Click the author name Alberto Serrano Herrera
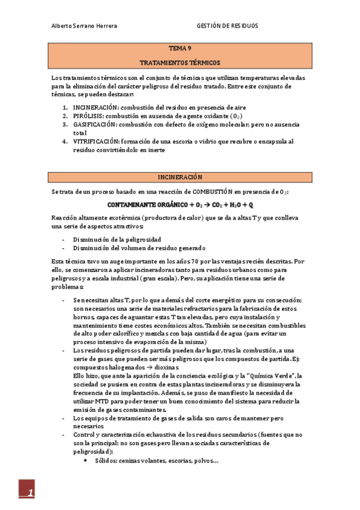84,26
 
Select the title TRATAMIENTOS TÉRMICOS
180,63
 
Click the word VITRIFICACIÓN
96,141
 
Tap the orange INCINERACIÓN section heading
180,177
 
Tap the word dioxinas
163,367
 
